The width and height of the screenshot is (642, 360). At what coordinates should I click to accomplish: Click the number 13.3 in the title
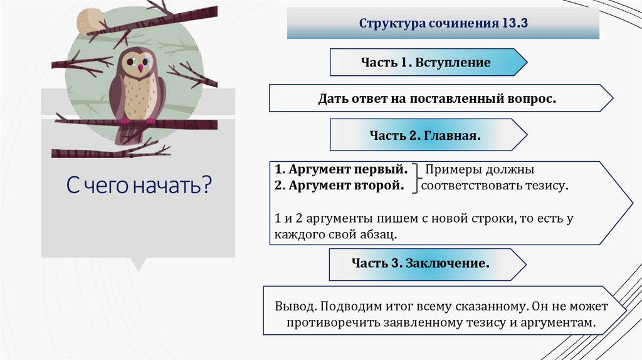[515, 24]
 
